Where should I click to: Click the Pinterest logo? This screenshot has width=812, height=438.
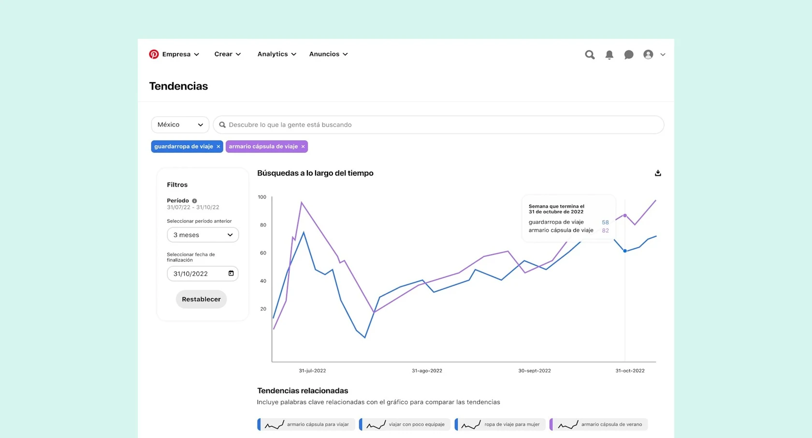pyautogui.click(x=154, y=54)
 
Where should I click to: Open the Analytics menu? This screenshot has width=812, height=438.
pyautogui.click(x=276, y=54)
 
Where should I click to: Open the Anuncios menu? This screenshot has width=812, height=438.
pyautogui.click(x=328, y=54)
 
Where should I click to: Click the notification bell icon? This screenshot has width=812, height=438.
pyautogui.click(x=609, y=55)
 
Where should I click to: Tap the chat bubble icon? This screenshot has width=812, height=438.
pyautogui.click(x=628, y=55)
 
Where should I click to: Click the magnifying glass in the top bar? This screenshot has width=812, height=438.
pyautogui.click(x=590, y=55)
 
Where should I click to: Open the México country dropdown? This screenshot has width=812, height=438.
pyautogui.click(x=180, y=125)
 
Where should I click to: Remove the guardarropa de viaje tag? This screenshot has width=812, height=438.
pyautogui.click(x=218, y=147)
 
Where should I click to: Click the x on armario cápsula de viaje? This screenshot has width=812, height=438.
pyautogui.click(x=303, y=147)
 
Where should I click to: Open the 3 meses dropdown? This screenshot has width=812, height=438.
pyautogui.click(x=203, y=235)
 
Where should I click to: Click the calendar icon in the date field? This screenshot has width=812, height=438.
pyautogui.click(x=231, y=273)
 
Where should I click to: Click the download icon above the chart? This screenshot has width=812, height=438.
pyautogui.click(x=658, y=173)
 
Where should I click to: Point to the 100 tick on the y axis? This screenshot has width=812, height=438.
pyautogui.click(x=262, y=197)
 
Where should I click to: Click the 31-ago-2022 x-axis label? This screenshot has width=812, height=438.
pyautogui.click(x=427, y=371)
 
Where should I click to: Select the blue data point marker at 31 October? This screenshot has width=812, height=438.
pyautogui.click(x=625, y=251)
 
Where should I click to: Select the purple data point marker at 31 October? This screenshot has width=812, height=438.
pyautogui.click(x=625, y=215)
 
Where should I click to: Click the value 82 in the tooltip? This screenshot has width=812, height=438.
pyautogui.click(x=605, y=230)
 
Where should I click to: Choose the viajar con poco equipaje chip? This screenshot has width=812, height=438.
pyautogui.click(x=405, y=424)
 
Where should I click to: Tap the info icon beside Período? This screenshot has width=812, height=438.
pyautogui.click(x=194, y=201)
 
